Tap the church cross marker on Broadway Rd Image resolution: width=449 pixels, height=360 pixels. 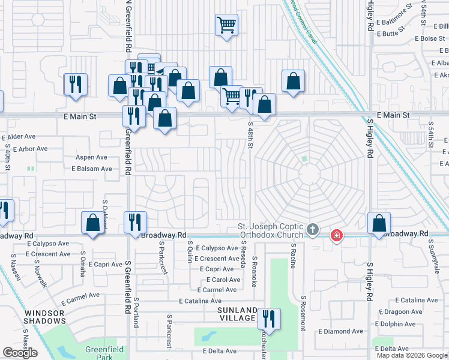click(312, 229)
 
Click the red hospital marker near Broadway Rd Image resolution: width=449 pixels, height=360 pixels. click(337, 235)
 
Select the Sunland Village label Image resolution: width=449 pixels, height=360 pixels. click(237, 314)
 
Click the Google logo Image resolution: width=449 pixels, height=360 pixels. click(20, 353)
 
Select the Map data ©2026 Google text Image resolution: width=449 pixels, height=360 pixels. click(412, 355)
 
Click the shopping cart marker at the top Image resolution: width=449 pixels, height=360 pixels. click(226, 25)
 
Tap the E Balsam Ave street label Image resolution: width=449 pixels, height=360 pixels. click(92, 169)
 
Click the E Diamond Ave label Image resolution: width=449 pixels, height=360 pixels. click(341, 331)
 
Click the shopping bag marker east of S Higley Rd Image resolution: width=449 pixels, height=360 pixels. click(379, 223)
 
